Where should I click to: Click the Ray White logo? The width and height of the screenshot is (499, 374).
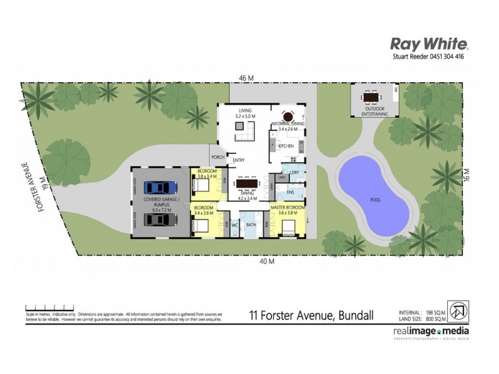[x=429, y=44]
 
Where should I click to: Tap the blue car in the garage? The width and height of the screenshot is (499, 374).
[x=158, y=187]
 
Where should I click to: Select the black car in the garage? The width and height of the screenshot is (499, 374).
[x=158, y=219]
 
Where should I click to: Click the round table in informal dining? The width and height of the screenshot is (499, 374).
[x=288, y=116]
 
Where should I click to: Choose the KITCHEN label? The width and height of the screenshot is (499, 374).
[x=286, y=146]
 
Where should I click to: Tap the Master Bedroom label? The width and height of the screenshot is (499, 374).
[x=288, y=206]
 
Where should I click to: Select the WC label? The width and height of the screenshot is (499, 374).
[x=236, y=224]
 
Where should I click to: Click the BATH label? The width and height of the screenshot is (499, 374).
[x=251, y=224]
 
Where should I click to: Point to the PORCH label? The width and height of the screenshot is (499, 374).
[x=218, y=157]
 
